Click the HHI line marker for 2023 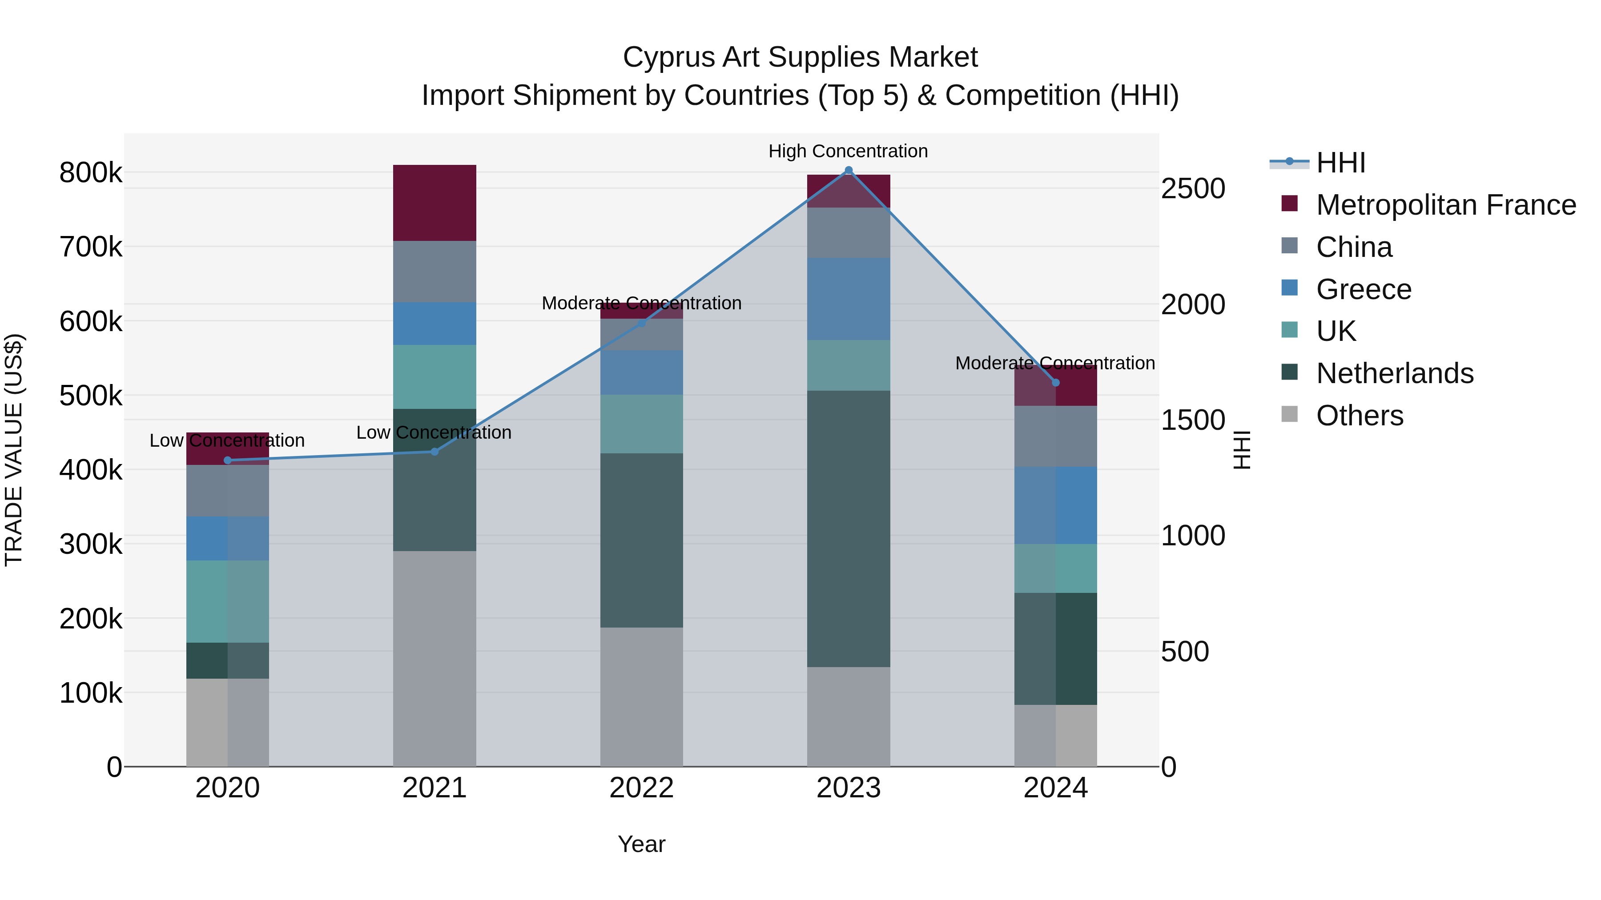[849, 170]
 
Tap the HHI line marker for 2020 [227, 460]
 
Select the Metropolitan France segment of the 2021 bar [434, 203]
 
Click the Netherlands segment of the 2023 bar [849, 528]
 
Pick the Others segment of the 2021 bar [434, 658]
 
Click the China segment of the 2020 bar [227, 491]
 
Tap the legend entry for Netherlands [1394, 373]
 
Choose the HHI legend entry [1340, 163]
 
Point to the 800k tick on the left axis [91, 173]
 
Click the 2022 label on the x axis [641, 788]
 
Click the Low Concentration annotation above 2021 [434, 432]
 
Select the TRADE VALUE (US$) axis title [14, 450]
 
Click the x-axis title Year [641, 844]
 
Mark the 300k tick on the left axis [91, 544]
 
